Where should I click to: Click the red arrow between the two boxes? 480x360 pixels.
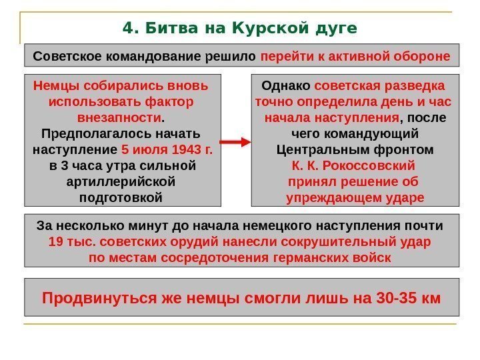(235, 143)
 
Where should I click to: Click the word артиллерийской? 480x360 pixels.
(122, 181)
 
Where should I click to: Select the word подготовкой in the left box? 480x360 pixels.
(122, 197)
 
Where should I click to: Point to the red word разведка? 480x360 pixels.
(417, 86)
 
